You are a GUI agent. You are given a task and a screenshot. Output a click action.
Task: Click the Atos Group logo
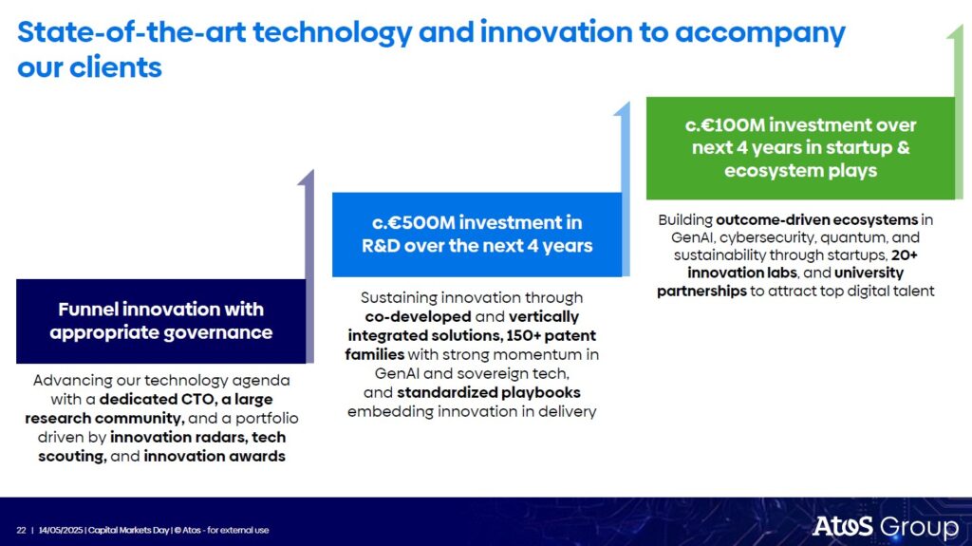(886, 527)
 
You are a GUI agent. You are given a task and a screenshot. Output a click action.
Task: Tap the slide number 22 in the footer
(21, 531)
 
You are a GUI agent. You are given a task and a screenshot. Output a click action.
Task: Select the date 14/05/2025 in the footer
(61, 531)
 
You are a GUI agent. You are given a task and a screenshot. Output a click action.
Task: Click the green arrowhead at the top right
(955, 31)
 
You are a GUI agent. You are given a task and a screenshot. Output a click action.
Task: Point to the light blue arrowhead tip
(627, 103)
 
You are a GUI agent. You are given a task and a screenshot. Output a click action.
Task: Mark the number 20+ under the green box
(905, 255)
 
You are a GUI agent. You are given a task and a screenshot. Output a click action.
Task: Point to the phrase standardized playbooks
(489, 393)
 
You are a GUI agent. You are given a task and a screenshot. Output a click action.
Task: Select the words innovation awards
(215, 456)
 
